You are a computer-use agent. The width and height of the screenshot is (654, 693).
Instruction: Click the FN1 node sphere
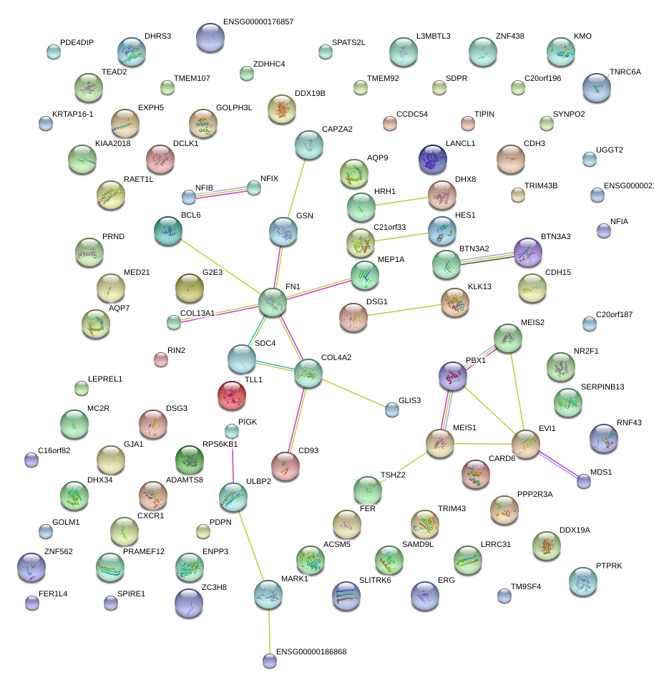[272, 303]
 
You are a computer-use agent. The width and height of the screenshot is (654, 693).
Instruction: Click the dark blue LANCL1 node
[432, 159]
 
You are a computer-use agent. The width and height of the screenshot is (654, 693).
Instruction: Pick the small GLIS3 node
[391, 409]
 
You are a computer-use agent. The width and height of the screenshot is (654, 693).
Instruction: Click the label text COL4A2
[336, 357]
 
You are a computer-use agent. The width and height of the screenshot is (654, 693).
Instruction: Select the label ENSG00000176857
[258, 22]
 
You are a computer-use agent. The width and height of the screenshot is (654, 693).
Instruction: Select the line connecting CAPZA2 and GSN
[296, 188]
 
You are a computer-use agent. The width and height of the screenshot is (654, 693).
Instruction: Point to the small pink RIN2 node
[161, 359]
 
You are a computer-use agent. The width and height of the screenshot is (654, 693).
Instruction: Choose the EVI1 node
[526, 444]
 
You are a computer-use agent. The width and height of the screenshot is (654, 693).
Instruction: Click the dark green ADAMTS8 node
[189, 459]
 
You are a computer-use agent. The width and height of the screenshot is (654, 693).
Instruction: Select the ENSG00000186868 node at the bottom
[269, 661]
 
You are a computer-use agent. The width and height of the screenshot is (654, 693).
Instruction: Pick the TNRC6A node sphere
[596, 87]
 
